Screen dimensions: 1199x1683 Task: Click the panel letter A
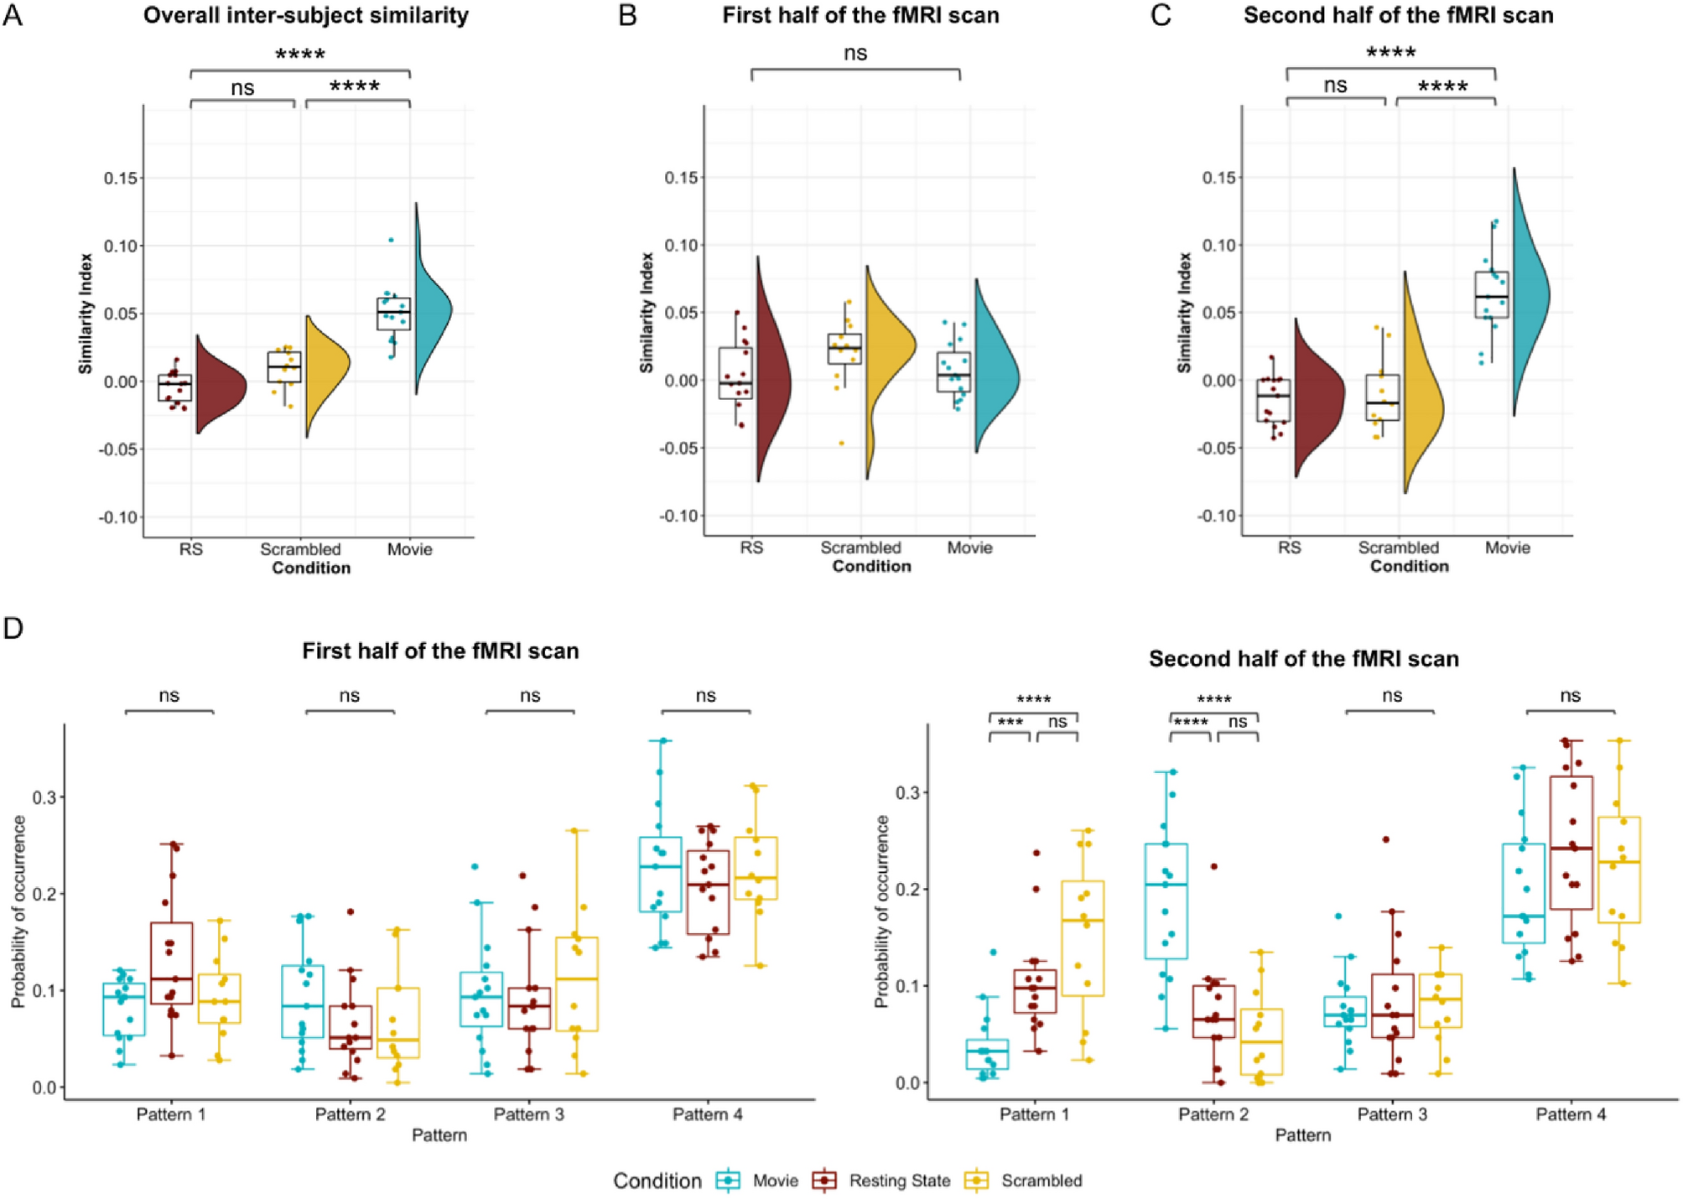pyautogui.click(x=13, y=15)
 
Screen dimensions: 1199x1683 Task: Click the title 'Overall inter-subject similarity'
pyautogui.click(x=305, y=15)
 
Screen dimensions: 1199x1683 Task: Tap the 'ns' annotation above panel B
pyautogui.click(x=854, y=53)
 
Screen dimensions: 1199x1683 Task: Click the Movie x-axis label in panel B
pyautogui.click(x=969, y=548)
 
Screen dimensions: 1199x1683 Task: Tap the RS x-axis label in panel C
pyautogui.click(x=1289, y=548)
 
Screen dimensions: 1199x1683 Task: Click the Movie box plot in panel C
pyautogui.click(x=1492, y=294)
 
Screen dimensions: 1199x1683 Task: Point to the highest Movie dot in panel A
pyautogui.click(x=391, y=241)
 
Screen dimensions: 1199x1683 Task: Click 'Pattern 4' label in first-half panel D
pyautogui.click(x=707, y=1114)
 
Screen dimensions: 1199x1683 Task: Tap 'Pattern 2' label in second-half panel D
pyautogui.click(x=1213, y=1114)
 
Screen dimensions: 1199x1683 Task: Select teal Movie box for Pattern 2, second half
pyautogui.click(x=1166, y=901)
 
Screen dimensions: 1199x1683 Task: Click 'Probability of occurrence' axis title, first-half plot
pyautogui.click(x=18, y=911)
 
